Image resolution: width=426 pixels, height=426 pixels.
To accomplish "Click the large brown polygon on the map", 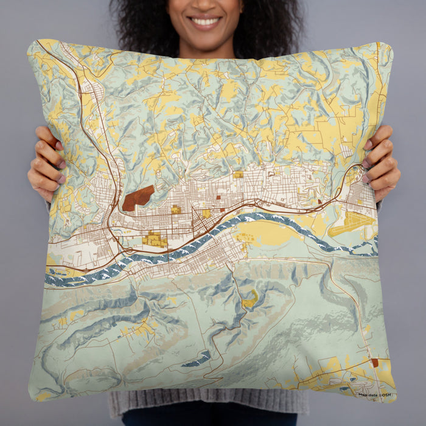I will coord(138,198).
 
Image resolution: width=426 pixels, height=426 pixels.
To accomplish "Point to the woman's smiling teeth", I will coord(205,22).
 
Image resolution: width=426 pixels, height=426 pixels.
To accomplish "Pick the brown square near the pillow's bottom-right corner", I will coord(374,363).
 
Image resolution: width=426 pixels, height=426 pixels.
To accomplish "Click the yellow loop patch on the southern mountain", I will coord(250,299).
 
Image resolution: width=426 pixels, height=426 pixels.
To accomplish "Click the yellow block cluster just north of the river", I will coord(155,240).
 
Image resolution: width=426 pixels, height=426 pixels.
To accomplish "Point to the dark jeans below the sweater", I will coord(207,419).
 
